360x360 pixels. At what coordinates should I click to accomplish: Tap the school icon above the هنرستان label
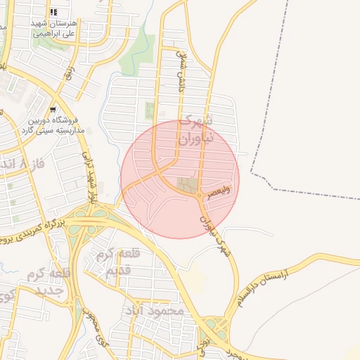pos(54,13)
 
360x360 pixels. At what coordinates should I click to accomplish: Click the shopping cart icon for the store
pos(53,110)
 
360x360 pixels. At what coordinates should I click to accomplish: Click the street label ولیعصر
pos(219,194)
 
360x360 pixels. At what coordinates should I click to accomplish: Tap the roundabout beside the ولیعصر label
pos(201,195)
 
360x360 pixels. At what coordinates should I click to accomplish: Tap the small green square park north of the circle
pos(149,110)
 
